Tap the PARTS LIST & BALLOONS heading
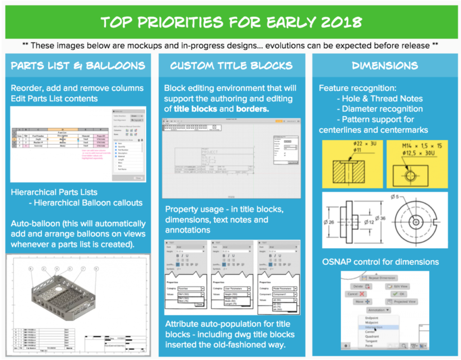click(78, 66)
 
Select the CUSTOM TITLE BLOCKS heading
click(231, 66)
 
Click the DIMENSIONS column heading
click(384, 66)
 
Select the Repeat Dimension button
click(381, 278)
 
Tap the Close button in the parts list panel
click(138, 178)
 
